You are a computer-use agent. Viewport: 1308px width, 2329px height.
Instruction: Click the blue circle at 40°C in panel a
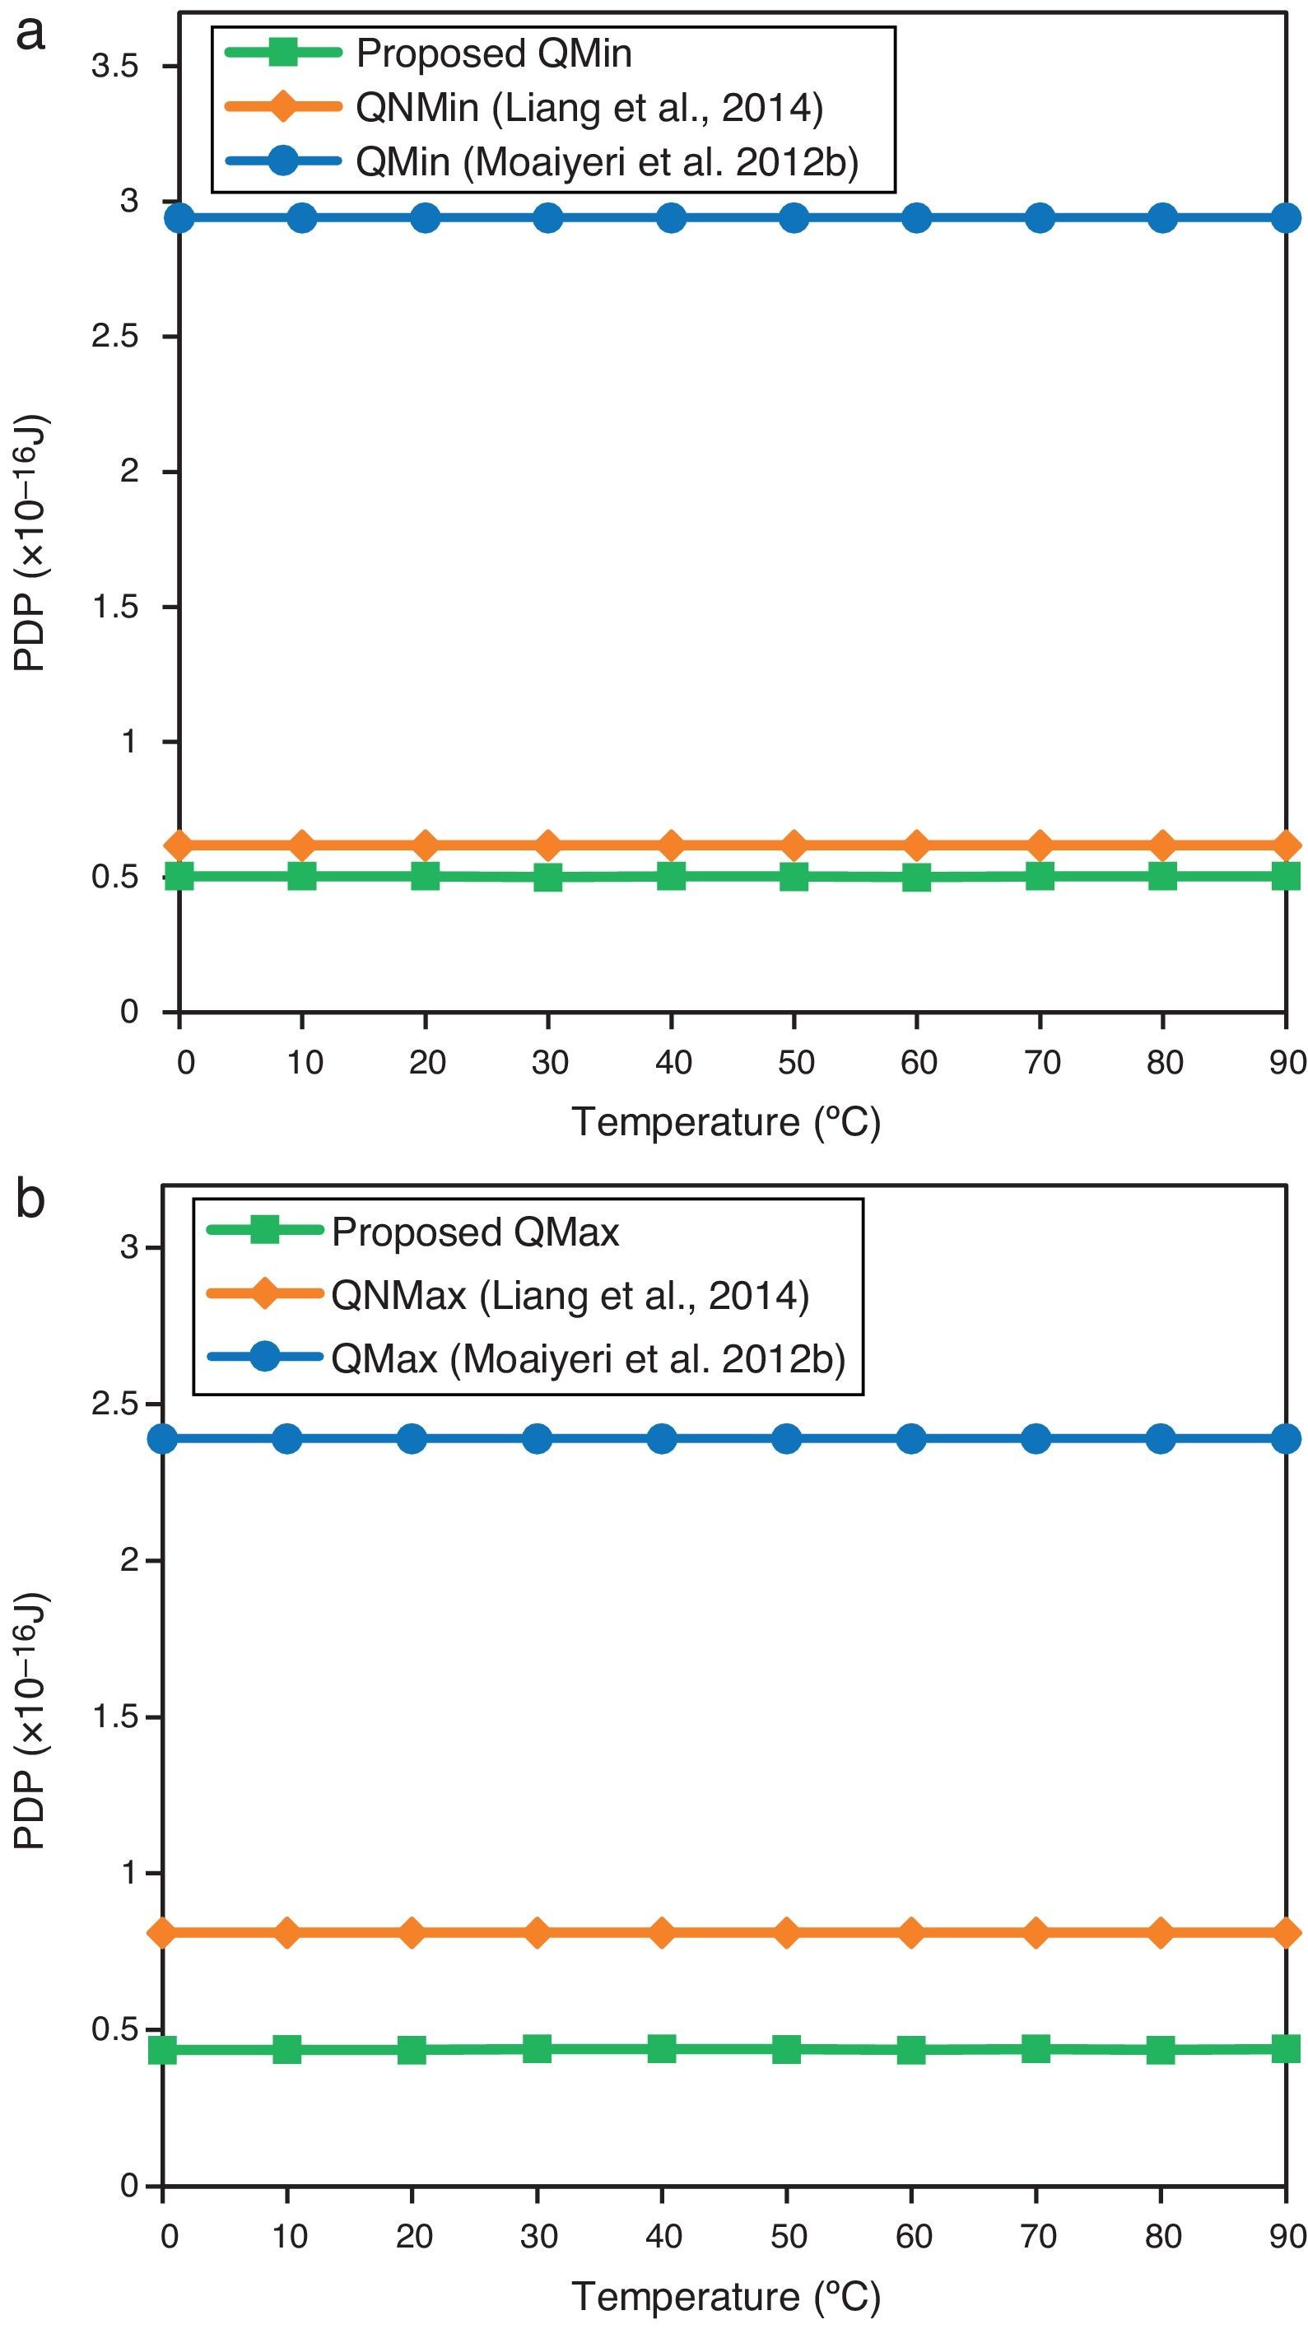click(671, 218)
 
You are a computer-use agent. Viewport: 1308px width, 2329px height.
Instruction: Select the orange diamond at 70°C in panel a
click(1040, 845)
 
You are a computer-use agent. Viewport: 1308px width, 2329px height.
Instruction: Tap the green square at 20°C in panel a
click(425, 875)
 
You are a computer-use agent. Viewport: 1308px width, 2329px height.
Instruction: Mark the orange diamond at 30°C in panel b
click(537, 1933)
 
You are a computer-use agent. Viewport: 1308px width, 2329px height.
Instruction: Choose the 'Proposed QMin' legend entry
click(492, 54)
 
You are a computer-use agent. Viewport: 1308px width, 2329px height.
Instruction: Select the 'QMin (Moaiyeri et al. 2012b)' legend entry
click(606, 162)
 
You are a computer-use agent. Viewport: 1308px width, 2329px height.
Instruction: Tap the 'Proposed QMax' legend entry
click(475, 1232)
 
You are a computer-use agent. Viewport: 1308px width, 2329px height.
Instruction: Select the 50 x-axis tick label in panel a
click(795, 1061)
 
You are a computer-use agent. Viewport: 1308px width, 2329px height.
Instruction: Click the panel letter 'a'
click(30, 35)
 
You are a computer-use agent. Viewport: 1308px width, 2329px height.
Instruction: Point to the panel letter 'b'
click(30, 1199)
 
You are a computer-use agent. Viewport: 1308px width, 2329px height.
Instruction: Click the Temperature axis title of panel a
click(726, 1122)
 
